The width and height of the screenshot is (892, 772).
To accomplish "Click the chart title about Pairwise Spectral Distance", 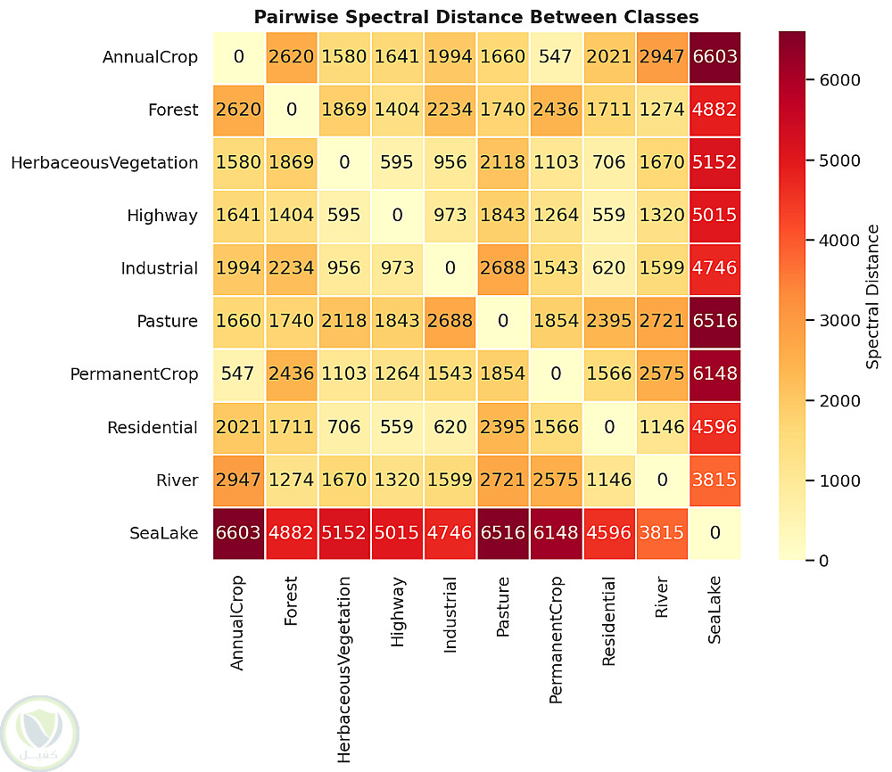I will [x=475, y=17].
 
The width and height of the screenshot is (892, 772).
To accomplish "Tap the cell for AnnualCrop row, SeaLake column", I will [x=714, y=57].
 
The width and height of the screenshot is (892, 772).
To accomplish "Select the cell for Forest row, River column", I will [x=661, y=110].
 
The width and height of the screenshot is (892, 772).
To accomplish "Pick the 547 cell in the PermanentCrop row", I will [x=238, y=374].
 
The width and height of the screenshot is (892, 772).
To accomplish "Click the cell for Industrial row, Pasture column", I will [x=503, y=268].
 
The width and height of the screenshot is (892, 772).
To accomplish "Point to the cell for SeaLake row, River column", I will [x=661, y=533].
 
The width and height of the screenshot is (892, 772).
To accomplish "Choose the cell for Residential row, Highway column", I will [x=397, y=427].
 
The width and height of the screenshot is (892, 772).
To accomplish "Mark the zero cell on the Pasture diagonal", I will [x=503, y=321].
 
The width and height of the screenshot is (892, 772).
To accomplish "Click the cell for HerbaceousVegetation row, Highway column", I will [x=397, y=163].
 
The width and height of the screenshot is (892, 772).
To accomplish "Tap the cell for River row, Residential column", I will [x=608, y=480].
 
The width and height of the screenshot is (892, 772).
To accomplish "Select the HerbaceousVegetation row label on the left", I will [x=104, y=163].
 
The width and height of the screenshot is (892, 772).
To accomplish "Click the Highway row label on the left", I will [x=162, y=216].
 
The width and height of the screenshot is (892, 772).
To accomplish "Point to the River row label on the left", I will [x=177, y=480].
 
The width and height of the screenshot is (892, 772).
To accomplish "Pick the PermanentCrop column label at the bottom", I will [x=556, y=640].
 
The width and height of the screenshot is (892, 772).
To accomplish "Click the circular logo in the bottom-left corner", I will [x=40, y=733].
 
